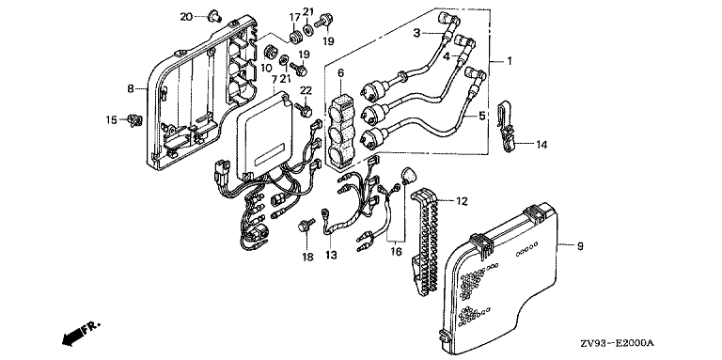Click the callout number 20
(x=185, y=17)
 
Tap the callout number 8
(x=131, y=88)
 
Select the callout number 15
(x=112, y=120)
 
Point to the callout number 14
(x=541, y=145)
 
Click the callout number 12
(x=462, y=201)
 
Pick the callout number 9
(x=580, y=246)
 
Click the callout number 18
(x=307, y=257)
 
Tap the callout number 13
(x=332, y=255)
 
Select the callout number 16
(x=396, y=251)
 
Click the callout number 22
(x=306, y=89)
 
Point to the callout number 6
(x=340, y=72)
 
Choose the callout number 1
(x=510, y=60)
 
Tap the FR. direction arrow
(x=79, y=334)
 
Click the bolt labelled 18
(x=306, y=226)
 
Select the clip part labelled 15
(x=135, y=120)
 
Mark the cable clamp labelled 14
(x=505, y=127)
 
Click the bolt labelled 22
(x=305, y=109)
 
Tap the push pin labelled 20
(x=215, y=16)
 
